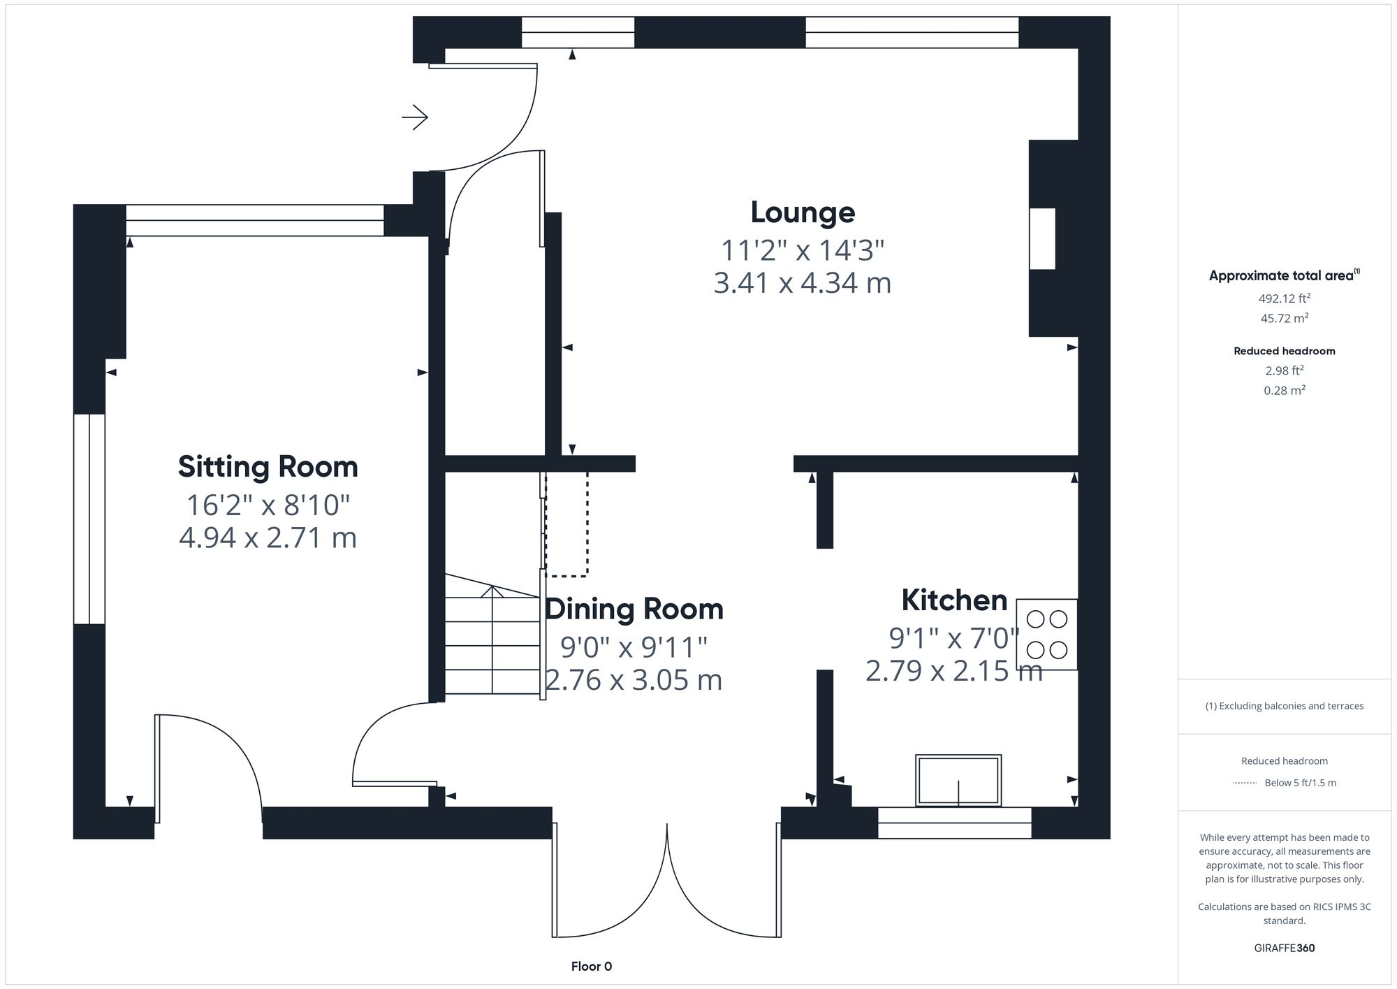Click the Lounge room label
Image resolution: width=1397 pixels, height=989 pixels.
803,212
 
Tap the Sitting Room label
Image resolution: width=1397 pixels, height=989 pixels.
268,467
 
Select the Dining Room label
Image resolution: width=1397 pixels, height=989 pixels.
634,609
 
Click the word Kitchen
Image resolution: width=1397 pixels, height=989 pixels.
954,600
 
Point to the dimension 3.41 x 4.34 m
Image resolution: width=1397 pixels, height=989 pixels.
803,283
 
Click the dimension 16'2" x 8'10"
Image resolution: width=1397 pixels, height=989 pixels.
268,505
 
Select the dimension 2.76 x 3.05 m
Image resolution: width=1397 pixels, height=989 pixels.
634,680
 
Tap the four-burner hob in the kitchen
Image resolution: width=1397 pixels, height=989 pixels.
1046,635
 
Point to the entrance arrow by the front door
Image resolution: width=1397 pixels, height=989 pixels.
415,117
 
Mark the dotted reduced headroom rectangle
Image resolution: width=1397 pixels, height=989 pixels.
566,524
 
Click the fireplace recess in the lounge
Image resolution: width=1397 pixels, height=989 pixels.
1042,238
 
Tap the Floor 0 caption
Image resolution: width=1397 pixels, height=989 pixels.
591,967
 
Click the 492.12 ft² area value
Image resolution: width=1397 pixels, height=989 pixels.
1284,298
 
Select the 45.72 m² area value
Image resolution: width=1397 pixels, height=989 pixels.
1284,318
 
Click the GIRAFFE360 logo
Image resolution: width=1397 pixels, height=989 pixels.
1284,948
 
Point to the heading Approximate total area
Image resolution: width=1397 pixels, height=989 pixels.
1282,276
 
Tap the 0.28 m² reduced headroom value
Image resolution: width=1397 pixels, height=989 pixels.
1284,391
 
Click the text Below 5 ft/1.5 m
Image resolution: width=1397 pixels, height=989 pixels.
1300,783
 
